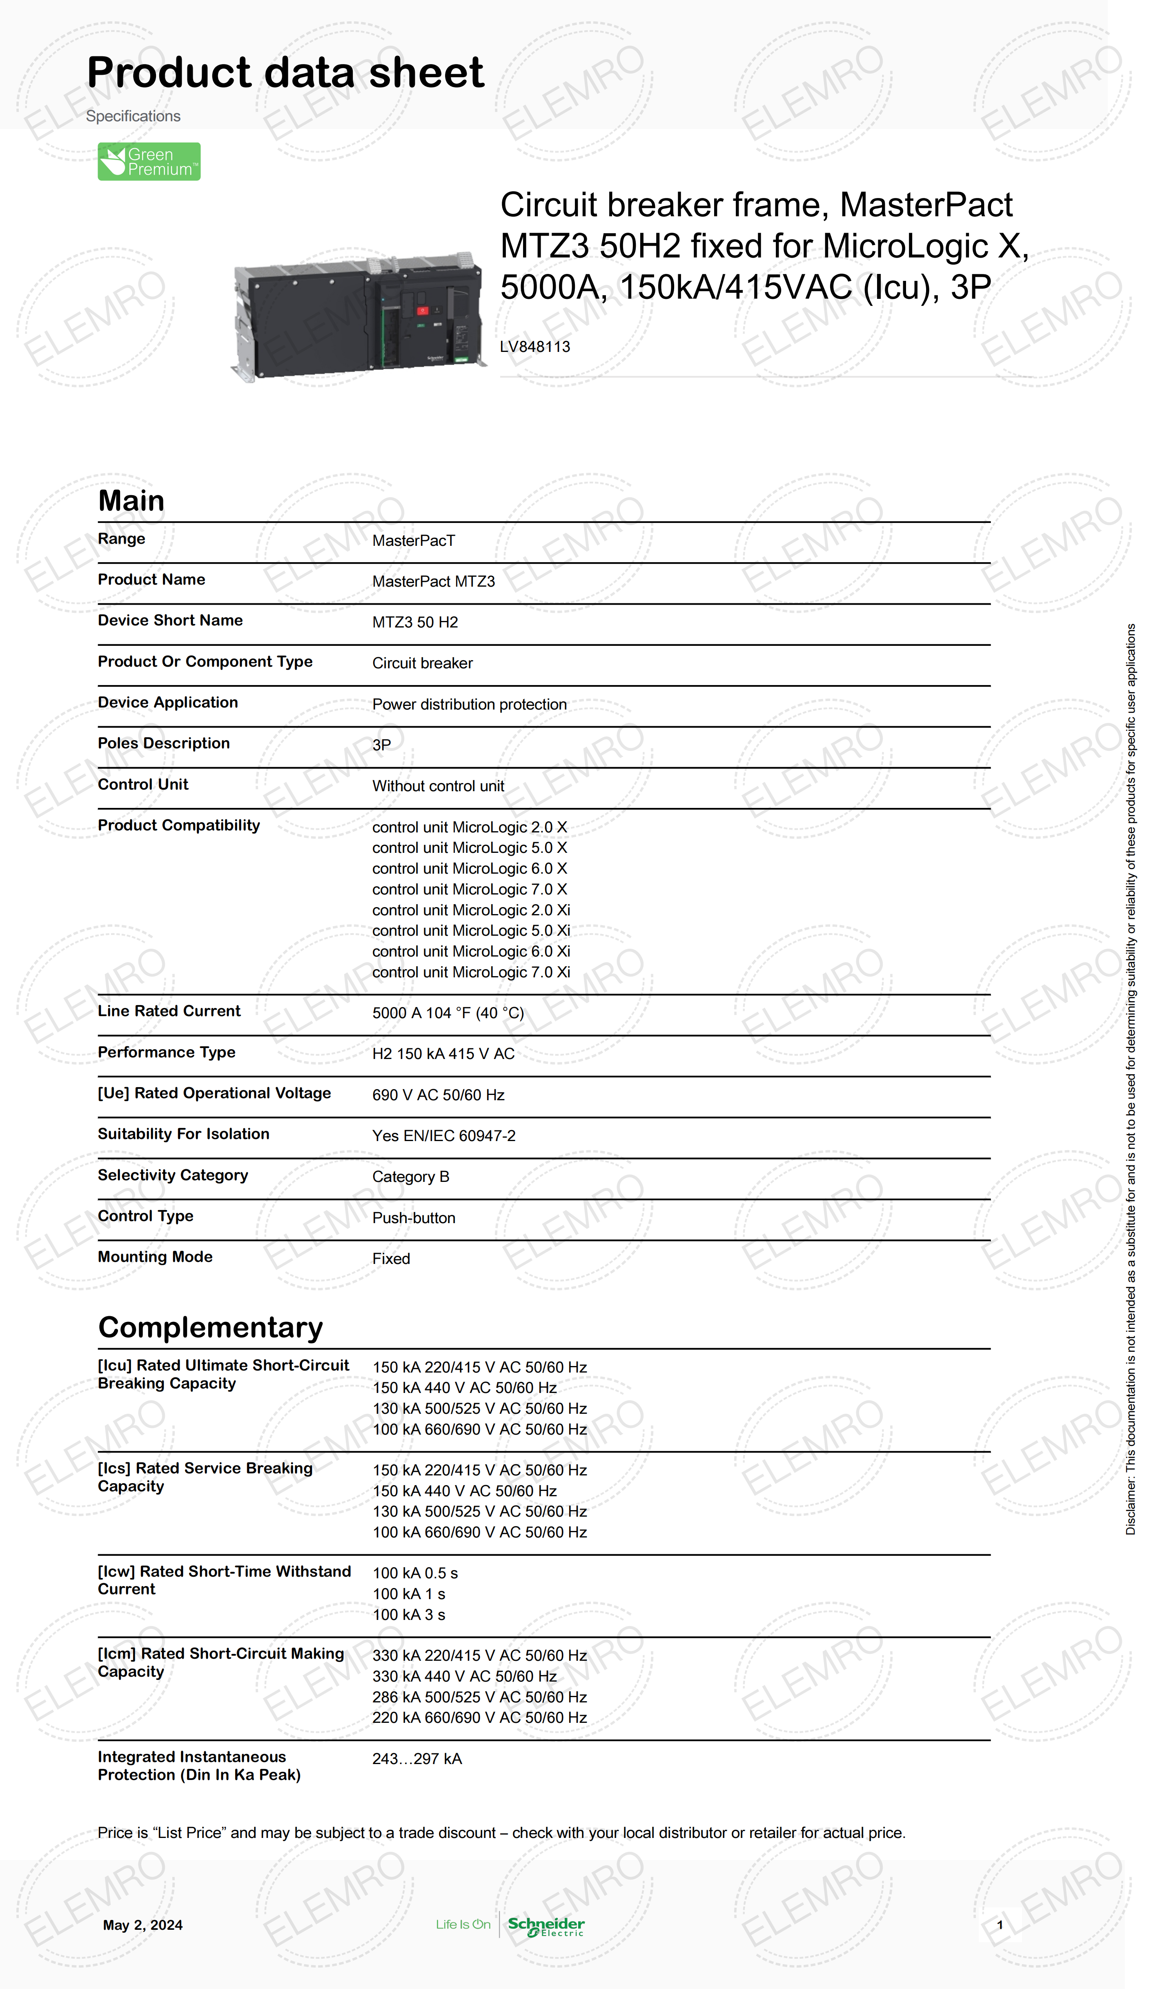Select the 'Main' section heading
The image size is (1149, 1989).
pos(131,500)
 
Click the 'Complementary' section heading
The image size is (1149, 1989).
pos(210,1327)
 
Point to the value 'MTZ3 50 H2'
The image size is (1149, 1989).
pos(415,623)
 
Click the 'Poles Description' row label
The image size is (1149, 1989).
pos(163,743)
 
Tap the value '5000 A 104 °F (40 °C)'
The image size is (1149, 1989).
pos(448,1013)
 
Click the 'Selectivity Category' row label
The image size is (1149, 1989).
pos(173,1175)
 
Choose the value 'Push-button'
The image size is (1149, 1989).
pos(414,1217)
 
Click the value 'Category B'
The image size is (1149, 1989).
pos(410,1176)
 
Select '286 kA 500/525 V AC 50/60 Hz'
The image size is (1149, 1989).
pos(479,1697)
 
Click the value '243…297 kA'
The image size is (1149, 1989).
pos(416,1759)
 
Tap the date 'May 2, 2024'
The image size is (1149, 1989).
pos(143,1925)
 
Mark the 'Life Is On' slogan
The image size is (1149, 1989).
pos(463,1924)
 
